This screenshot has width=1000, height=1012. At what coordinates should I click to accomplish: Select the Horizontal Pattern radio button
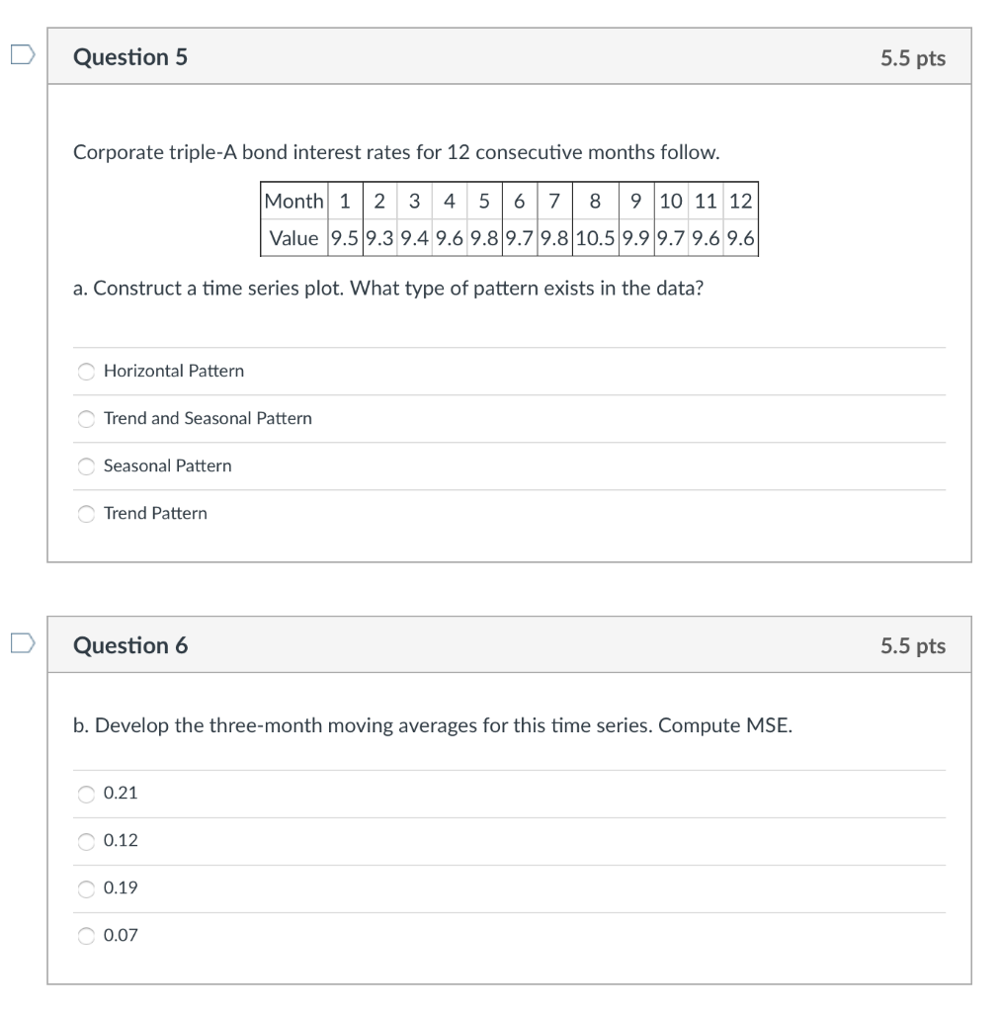tap(87, 372)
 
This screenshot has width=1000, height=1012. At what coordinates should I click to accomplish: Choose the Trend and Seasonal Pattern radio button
tap(87, 419)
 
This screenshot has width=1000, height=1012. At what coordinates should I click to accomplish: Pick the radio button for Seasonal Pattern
tap(87, 466)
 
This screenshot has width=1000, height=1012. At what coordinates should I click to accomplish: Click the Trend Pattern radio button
tap(87, 514)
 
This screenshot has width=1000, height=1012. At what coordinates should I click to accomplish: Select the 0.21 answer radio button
tap(87, 794)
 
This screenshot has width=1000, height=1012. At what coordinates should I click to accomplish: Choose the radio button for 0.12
tap(87, 841)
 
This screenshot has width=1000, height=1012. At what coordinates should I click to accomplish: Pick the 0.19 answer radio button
tap(87, 888)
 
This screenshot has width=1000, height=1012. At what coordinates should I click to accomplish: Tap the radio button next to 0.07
tap(87, 936)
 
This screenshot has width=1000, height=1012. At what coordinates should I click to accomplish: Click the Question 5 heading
tap(130, 57)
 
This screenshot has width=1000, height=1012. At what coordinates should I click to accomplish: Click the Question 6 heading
tap(130, 645)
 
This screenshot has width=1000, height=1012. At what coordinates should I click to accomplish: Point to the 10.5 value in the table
tap(594, 238)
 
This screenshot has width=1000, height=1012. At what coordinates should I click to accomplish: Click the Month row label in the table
tap(293, 202)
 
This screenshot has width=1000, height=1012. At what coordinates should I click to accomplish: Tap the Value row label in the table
tap(293, 238)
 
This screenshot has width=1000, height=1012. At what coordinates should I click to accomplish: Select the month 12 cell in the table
tap(740, 202)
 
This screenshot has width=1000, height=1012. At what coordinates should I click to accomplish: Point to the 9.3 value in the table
tap(379, 238)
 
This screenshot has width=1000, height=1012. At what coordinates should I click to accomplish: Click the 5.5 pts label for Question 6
tap(913, 646)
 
